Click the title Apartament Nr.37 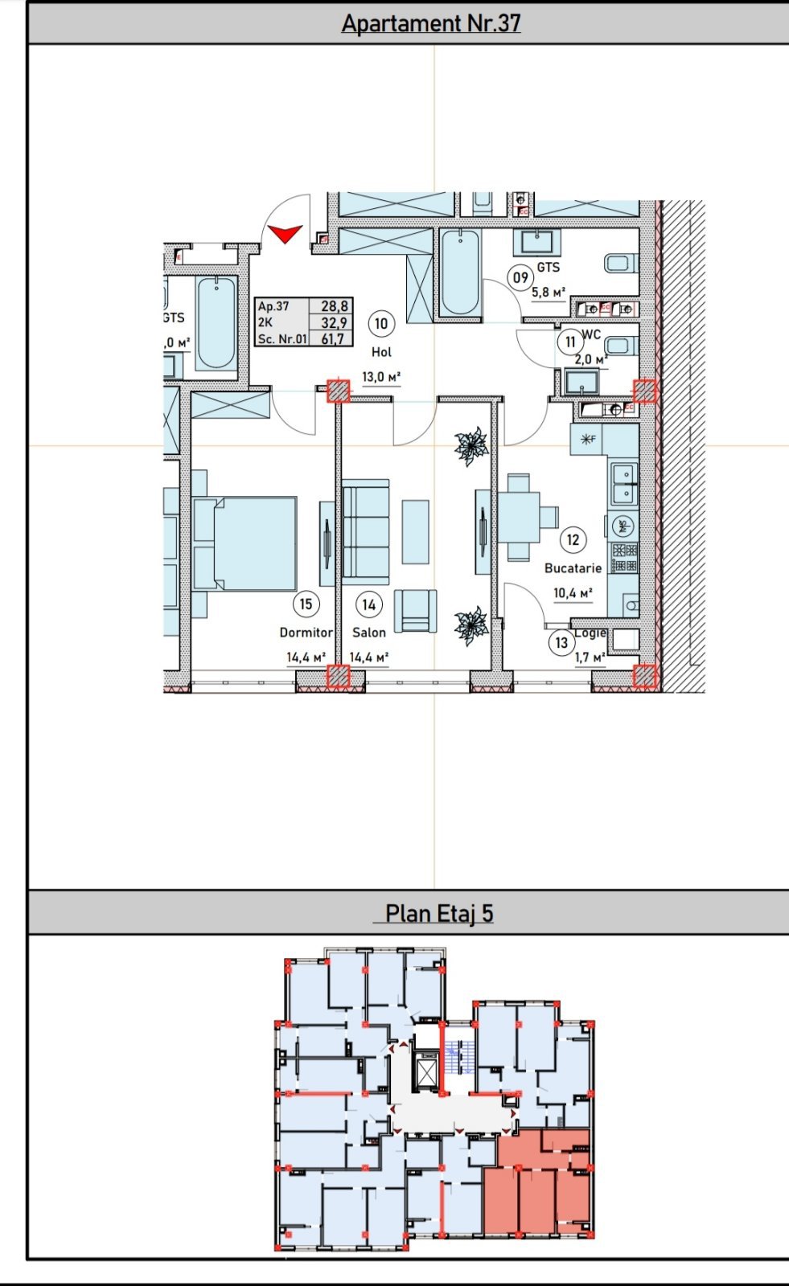click(431, 23)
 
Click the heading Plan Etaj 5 click(438, 914)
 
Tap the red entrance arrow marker click(285, 233)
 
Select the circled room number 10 click(380, 324)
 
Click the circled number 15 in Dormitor click(306, 604)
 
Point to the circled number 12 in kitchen click(573, 540)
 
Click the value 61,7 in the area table click(333, 339)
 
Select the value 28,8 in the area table click(334, 306)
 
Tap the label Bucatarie click(573, 568)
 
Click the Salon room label click(369, 633)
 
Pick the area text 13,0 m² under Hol click(381, 376)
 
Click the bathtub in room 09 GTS click(460, 271)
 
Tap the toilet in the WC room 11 click(619, 346)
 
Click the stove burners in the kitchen click(623, 558)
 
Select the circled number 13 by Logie click(561, 642)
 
